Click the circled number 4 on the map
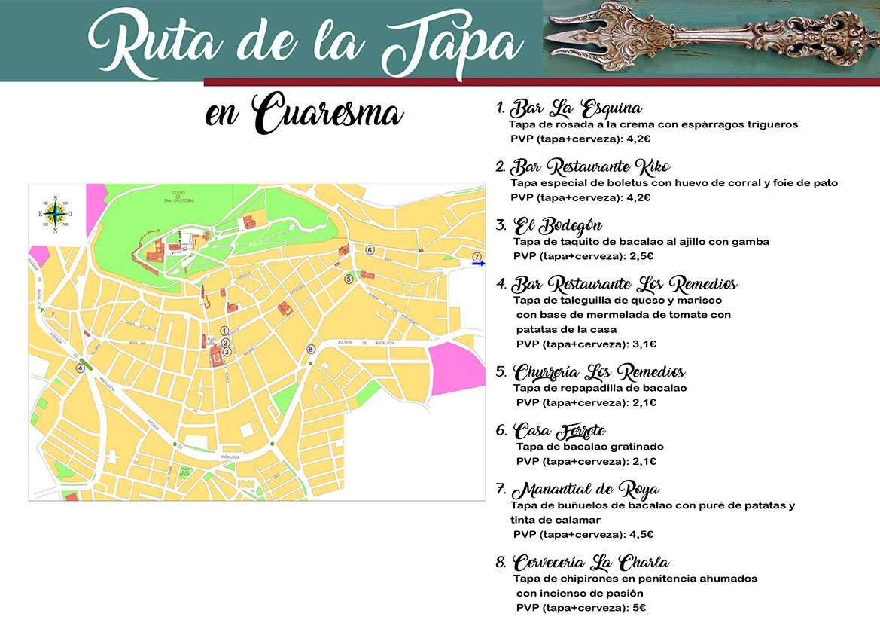click(80, 368)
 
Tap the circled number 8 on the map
click(311, 349)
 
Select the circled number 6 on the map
click(370, 249)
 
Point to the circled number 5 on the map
click(349, 279)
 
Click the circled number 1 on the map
click(224, 330)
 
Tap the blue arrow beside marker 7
click(479, 264)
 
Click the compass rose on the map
click(56, 214)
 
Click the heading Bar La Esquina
click(576, 107)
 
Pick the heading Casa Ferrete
click(560, 431)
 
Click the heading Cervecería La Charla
click(591, 563)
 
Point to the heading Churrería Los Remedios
click(599, 372)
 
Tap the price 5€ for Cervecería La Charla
click(641, 608)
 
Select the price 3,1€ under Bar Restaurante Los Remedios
click(644, 344)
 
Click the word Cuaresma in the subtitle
click(327, 115)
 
